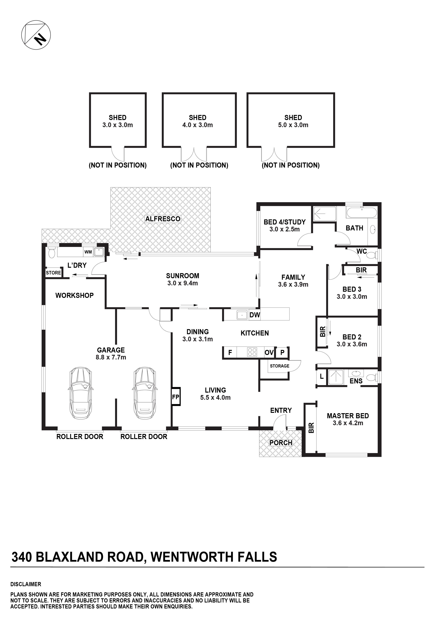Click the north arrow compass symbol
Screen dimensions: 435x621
tap(36, 35)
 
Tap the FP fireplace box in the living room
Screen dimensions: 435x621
tap(176, 397)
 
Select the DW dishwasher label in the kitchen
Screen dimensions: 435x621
tap(254, 315)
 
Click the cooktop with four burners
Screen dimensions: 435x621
tap(252, 352)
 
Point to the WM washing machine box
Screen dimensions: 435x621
tap(88, 252)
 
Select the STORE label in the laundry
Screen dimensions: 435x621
tap(53, 273)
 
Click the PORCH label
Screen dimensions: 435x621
tap(281, 443)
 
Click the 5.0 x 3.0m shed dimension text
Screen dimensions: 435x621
tap(293, 125)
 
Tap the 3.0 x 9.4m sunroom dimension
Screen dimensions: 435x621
tap(182, 283)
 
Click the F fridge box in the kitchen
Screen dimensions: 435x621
tap(230, 352)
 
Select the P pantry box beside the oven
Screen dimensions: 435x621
tap(282, 352)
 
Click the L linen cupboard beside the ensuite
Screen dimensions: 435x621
tap(321, 376)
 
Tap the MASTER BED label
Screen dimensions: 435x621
tap(348, 416)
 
